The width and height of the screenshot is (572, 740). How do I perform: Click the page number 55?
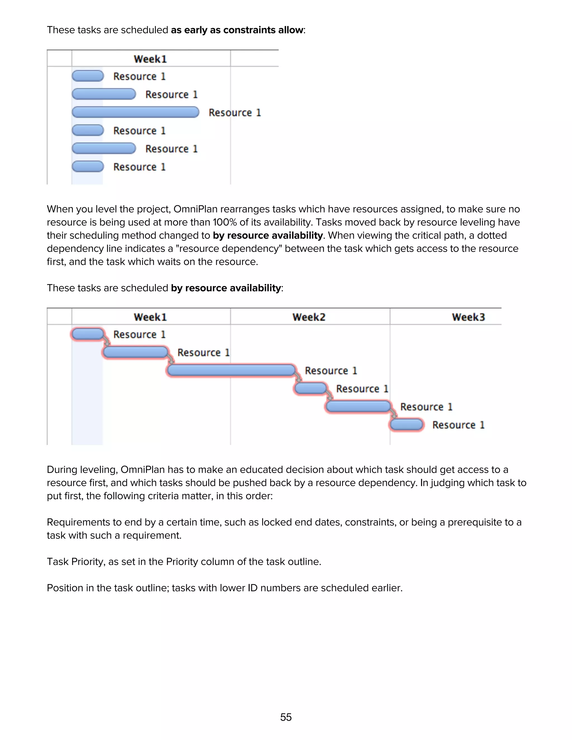coord(286,717)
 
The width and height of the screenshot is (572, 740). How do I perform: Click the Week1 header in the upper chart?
coord(150,59)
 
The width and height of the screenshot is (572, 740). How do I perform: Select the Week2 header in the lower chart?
coord(309,317)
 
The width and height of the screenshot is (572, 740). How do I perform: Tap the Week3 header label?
coord(468,317)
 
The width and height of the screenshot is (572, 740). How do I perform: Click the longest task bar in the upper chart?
coord(135,112)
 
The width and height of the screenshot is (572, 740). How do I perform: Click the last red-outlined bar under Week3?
coord(406,424)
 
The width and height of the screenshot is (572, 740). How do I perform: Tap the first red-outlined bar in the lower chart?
coord(88,334)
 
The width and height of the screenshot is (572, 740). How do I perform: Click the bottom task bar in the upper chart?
coord(88,166)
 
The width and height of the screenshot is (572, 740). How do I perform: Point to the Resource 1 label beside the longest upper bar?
coord(235,113)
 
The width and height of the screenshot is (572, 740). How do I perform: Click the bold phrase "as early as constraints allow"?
coord(237,30)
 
